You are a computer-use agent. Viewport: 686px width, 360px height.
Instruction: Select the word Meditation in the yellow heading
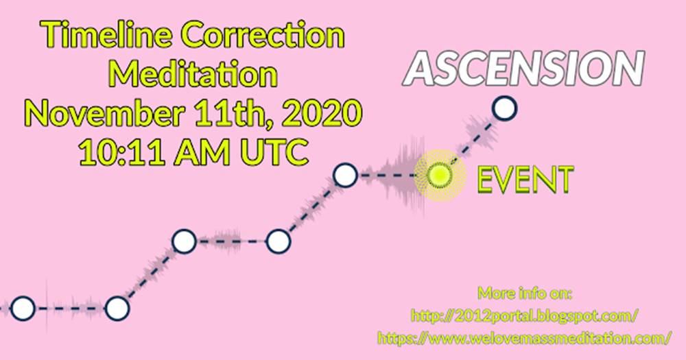point(193,73)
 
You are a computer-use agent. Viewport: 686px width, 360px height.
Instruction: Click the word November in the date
point(105,113)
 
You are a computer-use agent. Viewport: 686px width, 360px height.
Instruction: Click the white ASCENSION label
point(525,68)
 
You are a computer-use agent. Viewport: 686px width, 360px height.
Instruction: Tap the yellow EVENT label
point(525,180)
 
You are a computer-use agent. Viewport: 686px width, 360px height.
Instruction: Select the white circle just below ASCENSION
point(504,108)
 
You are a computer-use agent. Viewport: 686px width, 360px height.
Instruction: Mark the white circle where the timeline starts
point(23,309)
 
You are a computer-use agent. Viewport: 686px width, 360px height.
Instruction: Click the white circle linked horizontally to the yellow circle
point(345,176)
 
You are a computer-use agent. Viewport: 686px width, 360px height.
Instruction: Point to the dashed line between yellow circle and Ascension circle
point(471,142)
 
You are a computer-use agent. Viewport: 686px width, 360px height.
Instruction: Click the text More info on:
point(525,293)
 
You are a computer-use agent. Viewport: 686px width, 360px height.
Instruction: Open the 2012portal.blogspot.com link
point(525,315)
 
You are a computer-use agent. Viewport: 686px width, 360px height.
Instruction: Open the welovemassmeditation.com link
point(525,338)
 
